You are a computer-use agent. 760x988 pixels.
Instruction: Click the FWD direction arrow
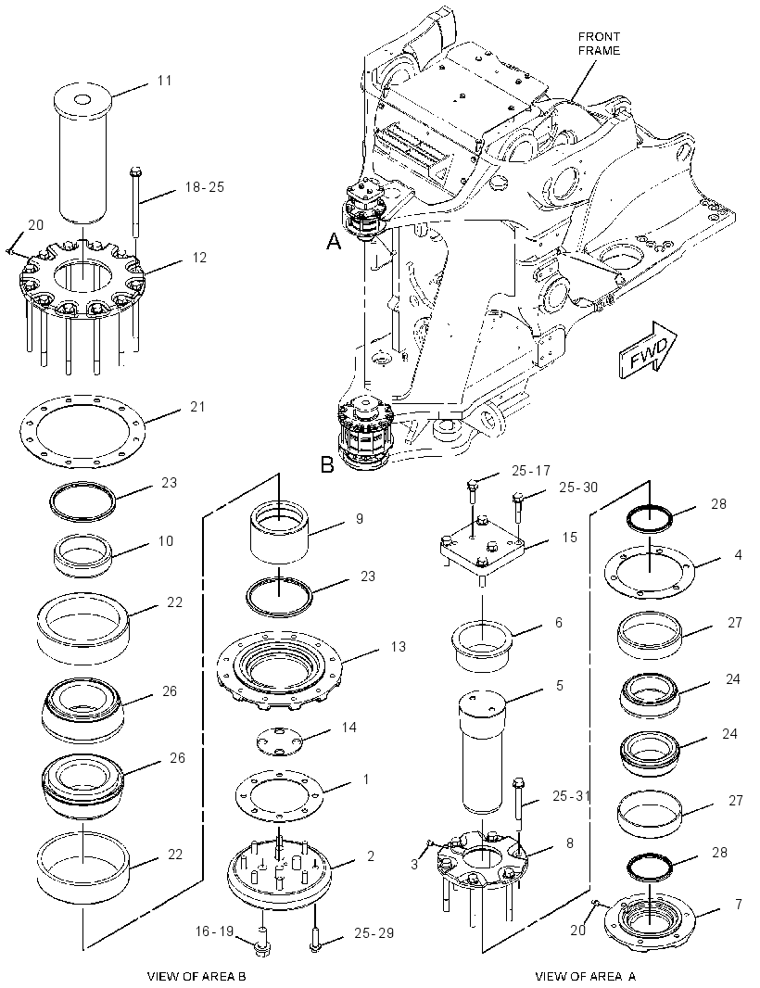pyautogui.click(x=648, y=351)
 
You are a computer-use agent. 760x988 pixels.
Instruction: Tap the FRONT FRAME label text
pyautogui.click(x=599, y=44)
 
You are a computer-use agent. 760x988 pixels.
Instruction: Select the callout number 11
pyautogui.click(x=164, y=80)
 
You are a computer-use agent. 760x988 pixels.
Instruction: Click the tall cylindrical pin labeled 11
pyautogui.click(x=83, y=154)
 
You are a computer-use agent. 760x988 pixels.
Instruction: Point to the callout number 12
pyautogui.click(x=199, y=257)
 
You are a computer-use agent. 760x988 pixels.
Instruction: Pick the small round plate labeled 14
pyautogui.click(x=280, y=740)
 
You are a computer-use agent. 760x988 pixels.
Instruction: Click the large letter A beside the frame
pyautogui.click(x=334, y=240)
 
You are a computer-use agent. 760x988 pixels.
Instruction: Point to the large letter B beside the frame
pyautogui.click(x=327, y=465)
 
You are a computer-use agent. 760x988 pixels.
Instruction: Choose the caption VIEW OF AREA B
pyautogui.click(x=196, y=976)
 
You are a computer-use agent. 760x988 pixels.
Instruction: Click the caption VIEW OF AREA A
pyautogui.click(x=586, y=976)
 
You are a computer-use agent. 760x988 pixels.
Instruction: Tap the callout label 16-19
pyautogui.click(x=214, y=931)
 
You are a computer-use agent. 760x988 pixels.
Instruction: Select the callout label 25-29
pyautogui.click(x=374, y=932)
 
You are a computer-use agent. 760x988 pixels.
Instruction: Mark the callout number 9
pyautogui.click(x=360, y=519)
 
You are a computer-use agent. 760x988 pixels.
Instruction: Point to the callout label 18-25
pyautogui.click(x=204, y=187)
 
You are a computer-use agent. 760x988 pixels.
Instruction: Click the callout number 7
pyautogui.click(x=738, y=905)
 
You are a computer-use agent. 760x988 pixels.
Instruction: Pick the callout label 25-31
pyautogui.click(x=572, y=796)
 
